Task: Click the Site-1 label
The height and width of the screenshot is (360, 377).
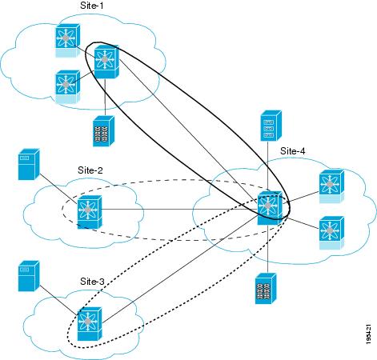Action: [91, 6]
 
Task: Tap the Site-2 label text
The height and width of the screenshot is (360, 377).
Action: [90, 170]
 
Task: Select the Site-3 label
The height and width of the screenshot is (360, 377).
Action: [92, 282]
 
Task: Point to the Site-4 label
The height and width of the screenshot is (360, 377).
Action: [292, 151]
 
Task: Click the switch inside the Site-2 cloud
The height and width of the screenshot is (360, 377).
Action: [90, 212]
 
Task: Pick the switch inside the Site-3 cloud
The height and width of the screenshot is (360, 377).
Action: [90, 323]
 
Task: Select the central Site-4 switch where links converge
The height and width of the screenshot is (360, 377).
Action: [270, 208]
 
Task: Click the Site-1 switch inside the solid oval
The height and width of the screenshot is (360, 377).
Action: [106, 62]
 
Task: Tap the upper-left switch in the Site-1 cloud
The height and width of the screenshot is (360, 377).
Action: [67, 41]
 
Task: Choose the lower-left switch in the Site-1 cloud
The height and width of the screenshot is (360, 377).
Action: [67, 86]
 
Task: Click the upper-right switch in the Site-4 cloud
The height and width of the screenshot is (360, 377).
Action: [331, 186]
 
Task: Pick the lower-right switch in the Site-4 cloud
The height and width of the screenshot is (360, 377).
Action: [331, 233]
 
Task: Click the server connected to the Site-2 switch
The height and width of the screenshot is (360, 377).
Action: [29, 164]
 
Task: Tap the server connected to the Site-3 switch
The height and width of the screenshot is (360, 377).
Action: [29, 276]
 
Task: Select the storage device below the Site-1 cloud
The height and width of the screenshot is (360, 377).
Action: [103, 131]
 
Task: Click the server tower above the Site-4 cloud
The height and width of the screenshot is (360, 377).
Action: [271, 126]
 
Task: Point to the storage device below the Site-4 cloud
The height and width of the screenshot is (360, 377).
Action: [266, 289]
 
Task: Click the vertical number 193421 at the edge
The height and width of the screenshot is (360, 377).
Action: [369, 334]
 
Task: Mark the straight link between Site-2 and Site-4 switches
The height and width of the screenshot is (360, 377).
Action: [180, 209]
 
